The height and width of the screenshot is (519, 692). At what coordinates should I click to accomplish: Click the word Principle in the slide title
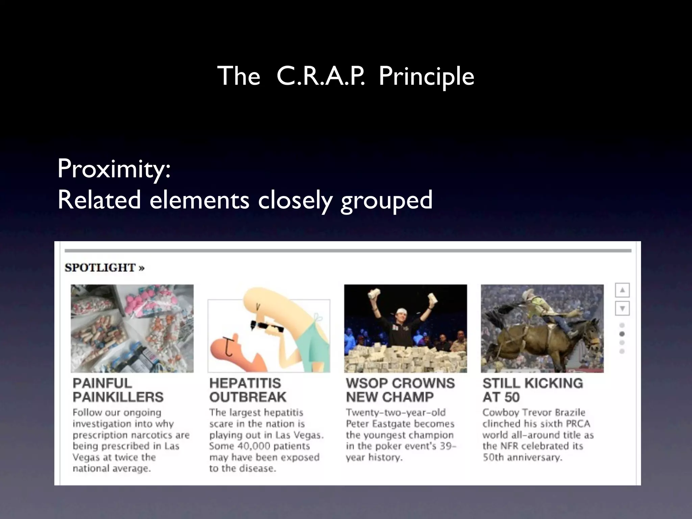pos(426,76)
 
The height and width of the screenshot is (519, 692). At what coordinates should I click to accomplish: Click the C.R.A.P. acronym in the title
pos(320,76)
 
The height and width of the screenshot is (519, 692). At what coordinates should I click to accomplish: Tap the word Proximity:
pos(114,169)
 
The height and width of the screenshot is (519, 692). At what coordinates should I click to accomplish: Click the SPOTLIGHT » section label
pos(104,268)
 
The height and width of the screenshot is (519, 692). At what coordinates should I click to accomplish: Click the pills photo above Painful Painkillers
pos(132,328)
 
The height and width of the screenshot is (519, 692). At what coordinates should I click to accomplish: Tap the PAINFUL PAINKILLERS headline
pos(118,390)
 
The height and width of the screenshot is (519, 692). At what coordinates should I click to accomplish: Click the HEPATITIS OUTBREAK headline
pos(247,390)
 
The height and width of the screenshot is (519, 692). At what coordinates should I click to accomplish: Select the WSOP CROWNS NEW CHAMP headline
pos(400,390)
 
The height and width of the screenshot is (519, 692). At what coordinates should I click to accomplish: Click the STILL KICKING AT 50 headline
pos(533,390)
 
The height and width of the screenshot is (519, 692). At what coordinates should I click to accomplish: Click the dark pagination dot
pos(622,334)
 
